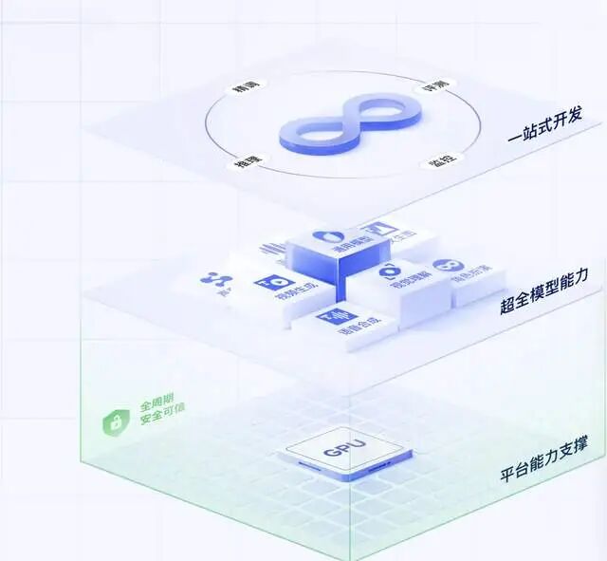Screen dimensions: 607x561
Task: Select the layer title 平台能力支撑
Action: [x=543, y=470]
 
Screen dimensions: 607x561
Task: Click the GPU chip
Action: [x=344, y=451]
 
